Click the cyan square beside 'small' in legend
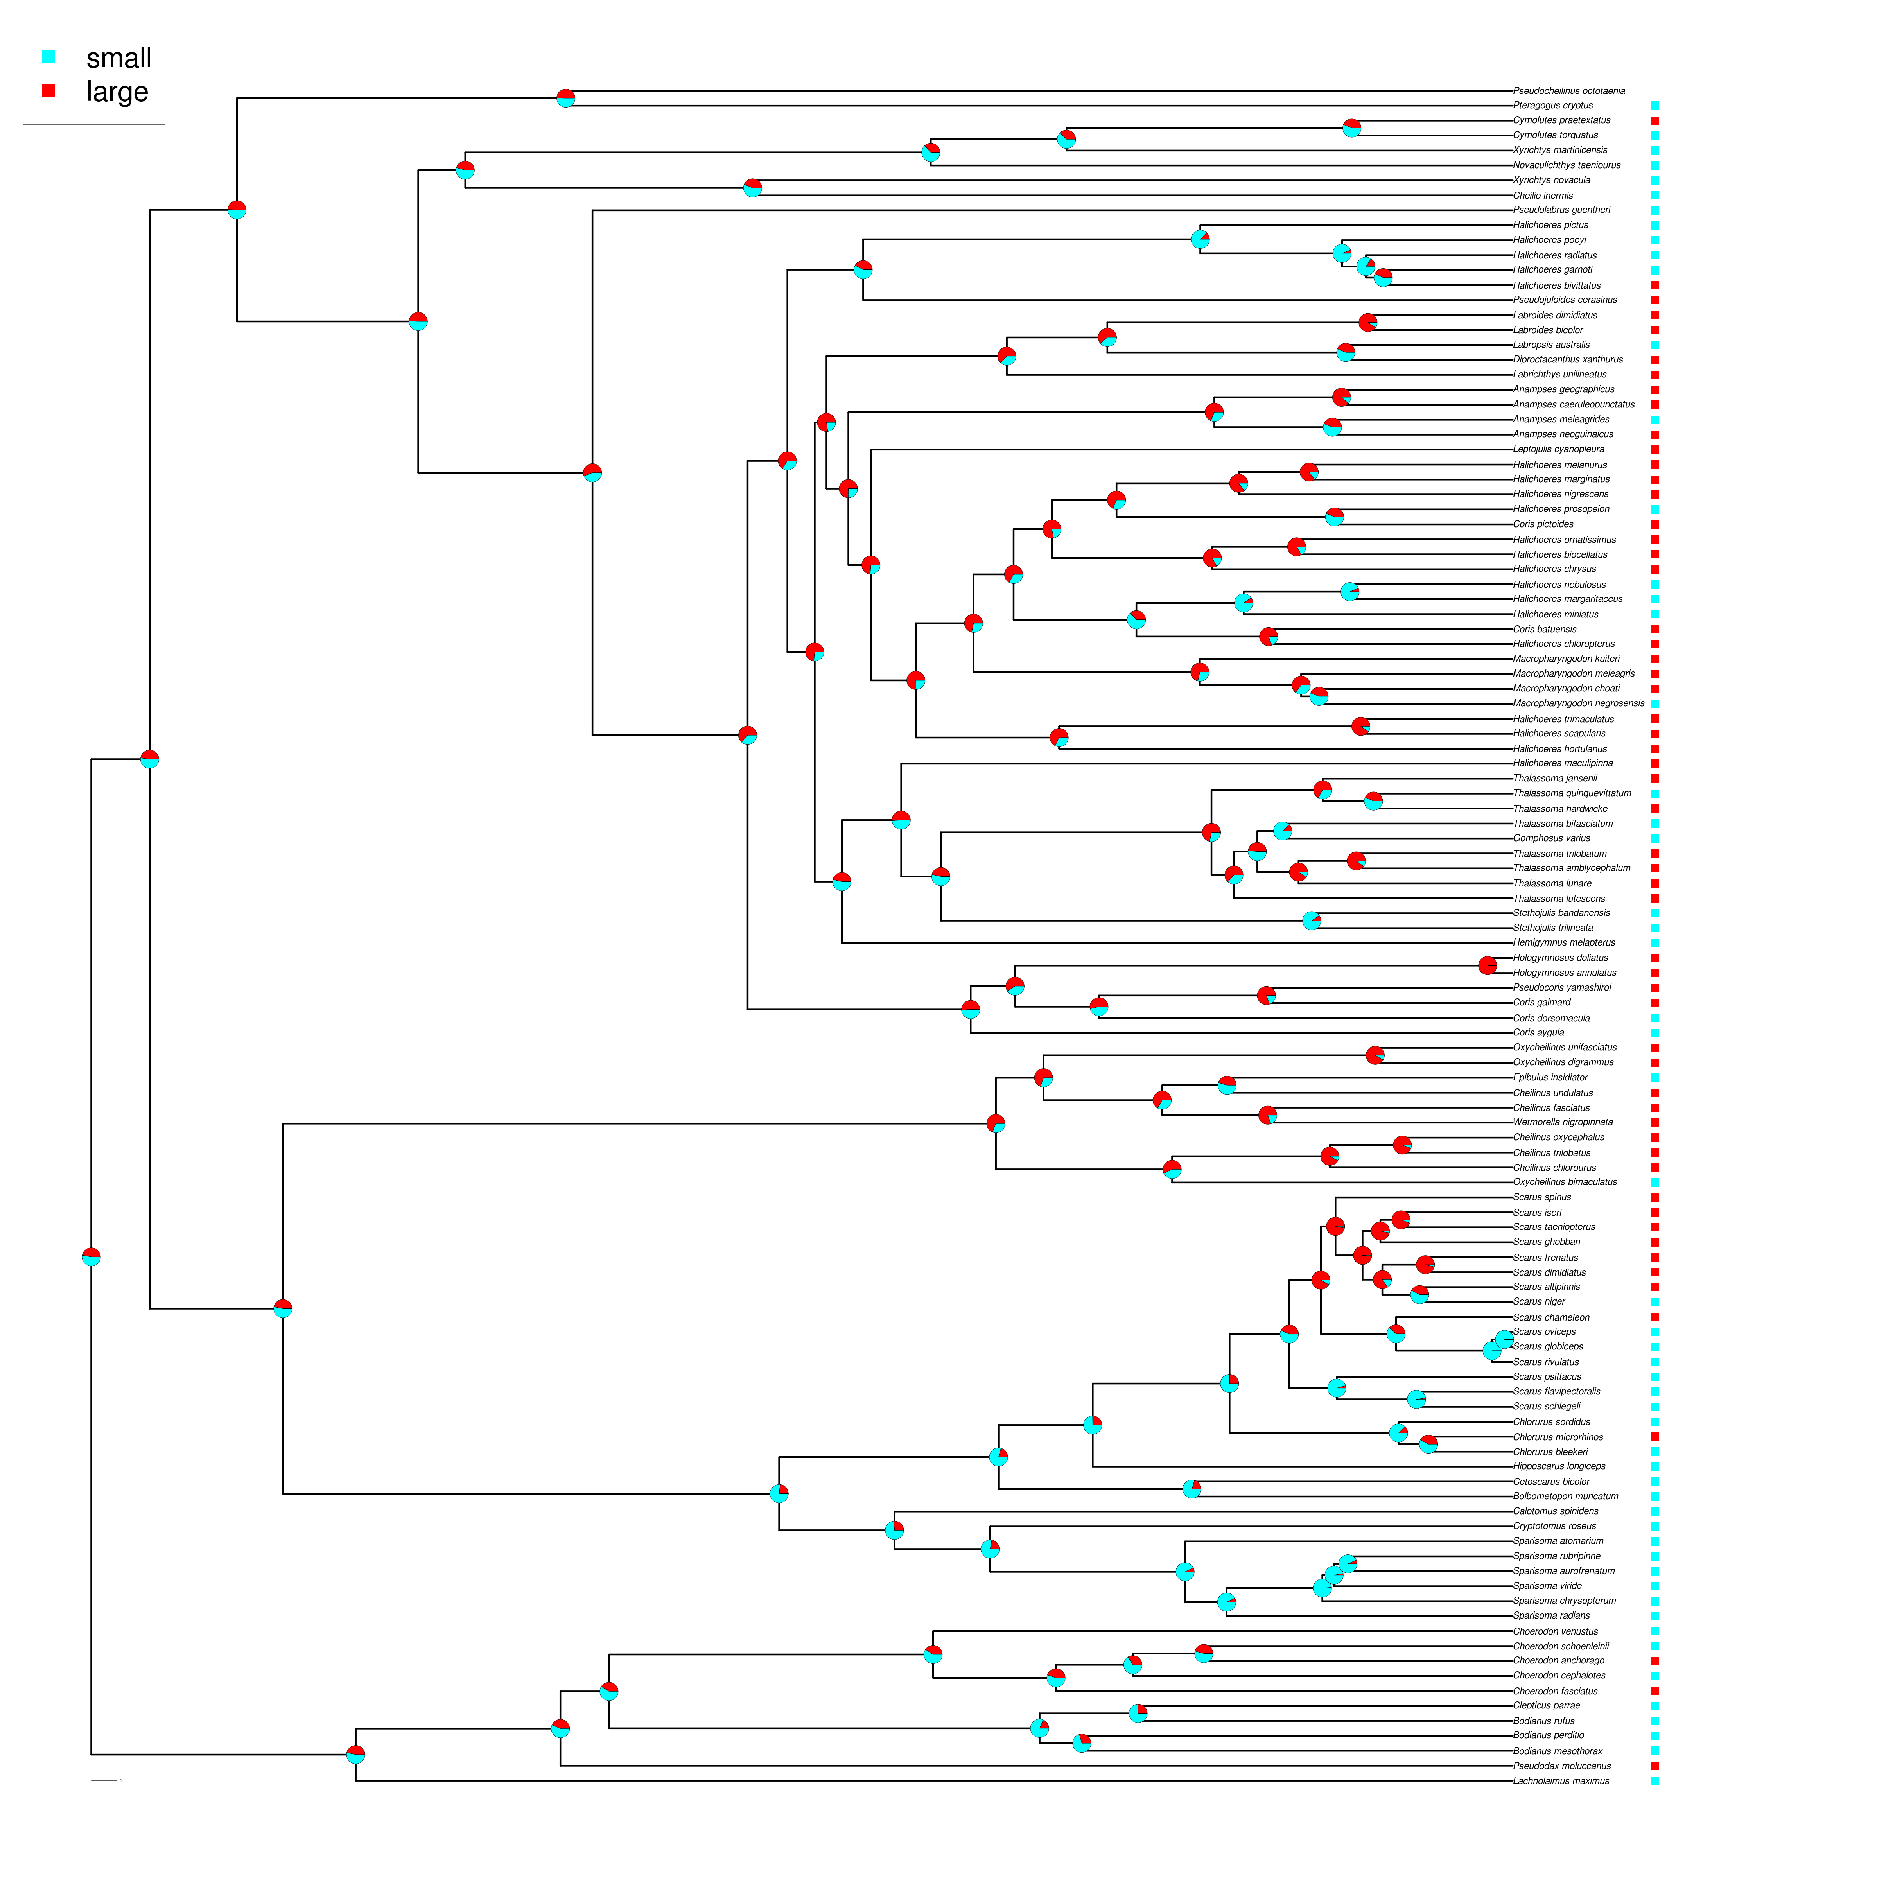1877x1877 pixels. coord(48,57)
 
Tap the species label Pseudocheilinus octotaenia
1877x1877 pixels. coord(1568,90)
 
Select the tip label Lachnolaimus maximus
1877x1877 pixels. coord(1560,1781)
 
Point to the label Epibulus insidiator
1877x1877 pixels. coord(1550,1077)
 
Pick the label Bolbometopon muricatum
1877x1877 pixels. coord(1565,1496)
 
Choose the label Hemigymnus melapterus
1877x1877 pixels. coord(1563,942)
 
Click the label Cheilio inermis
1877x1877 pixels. coord(1543,195)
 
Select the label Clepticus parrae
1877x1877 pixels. coord(1546,1705)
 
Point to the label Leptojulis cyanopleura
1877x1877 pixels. coord(1558,449)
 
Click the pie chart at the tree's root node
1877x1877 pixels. coord(92,1257)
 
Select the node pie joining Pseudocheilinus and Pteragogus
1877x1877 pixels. coord(565,98)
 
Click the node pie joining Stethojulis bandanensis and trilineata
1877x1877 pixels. coord(1312,920)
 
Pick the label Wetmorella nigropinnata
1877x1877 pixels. coord(1562,1122)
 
